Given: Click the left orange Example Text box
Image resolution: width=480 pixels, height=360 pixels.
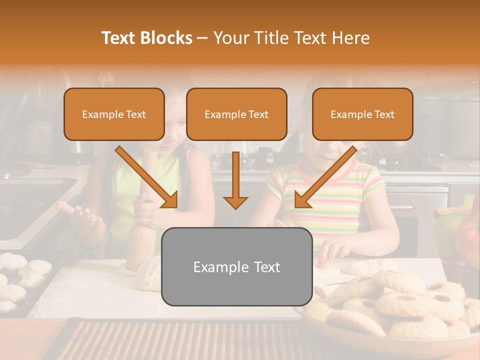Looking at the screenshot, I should (x=114, y=114).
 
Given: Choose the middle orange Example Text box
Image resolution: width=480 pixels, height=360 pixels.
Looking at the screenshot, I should (x=236, y=114).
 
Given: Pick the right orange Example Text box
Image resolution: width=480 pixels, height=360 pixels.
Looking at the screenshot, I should (x=362, y=114).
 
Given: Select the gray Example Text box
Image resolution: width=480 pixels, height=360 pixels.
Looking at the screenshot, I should (x=236, y=267).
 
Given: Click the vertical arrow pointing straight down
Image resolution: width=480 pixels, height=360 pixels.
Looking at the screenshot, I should (x=235, y=180).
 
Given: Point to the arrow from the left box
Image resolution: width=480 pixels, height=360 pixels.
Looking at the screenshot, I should (x=147, y=177).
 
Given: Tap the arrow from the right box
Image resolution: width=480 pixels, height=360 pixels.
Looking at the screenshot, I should (x=325, y=177).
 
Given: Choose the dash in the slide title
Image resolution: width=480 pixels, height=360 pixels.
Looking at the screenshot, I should (x=202, y=38).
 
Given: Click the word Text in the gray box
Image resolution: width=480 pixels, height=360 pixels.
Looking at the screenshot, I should (x=265, y=267).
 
